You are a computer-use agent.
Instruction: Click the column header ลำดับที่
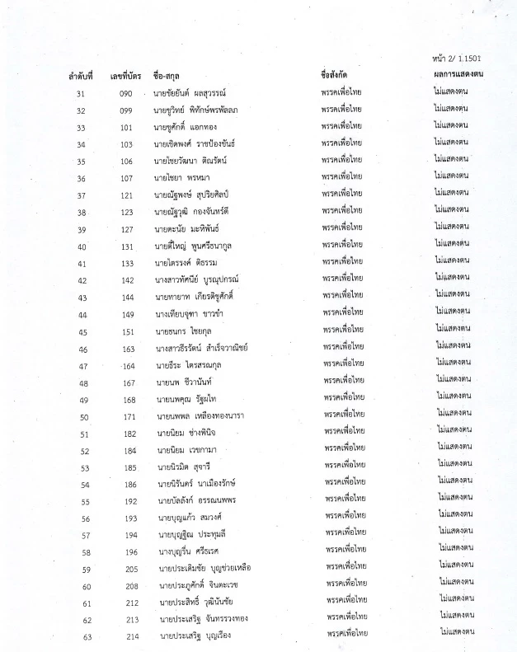pyautogui.click(x=83, y=76)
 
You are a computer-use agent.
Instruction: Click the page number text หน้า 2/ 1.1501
pyautogui.click(x=458, y=59)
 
